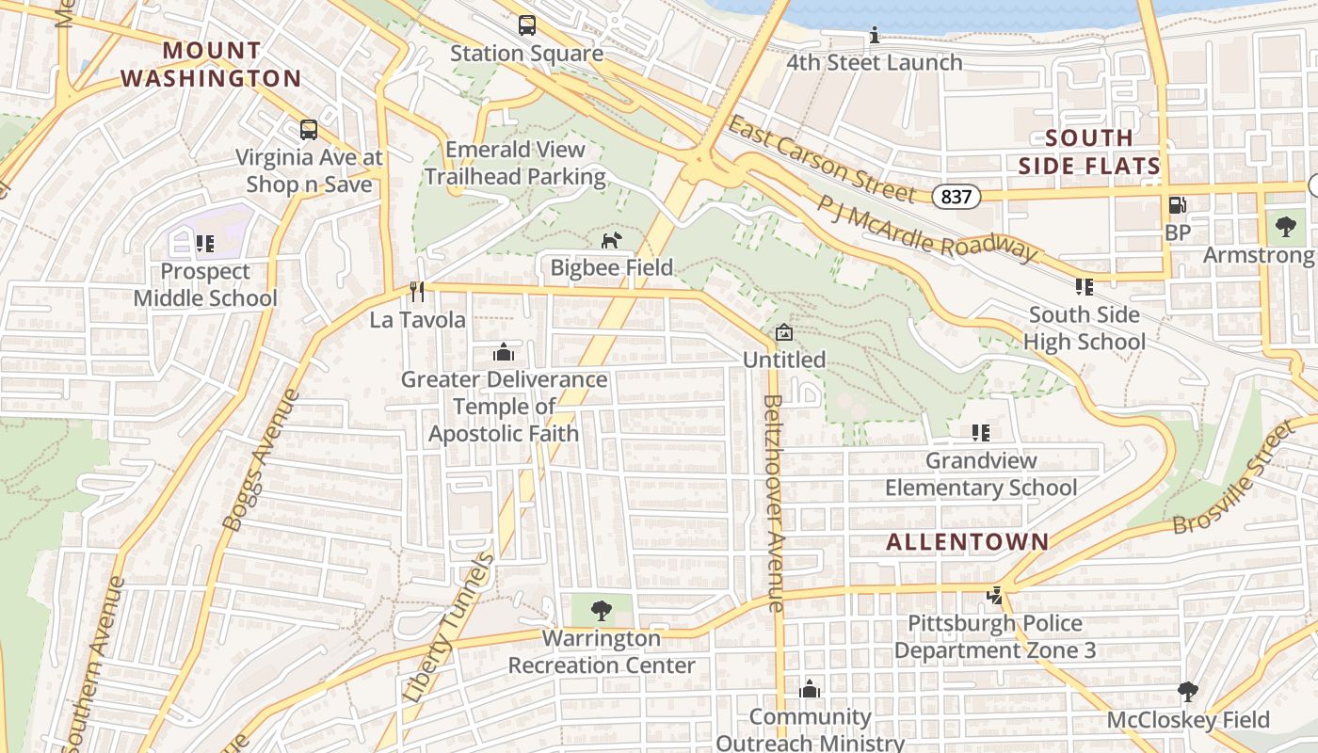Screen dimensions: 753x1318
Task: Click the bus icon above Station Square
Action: click(527, 25)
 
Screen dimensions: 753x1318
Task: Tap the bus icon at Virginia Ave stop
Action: click(309, 130)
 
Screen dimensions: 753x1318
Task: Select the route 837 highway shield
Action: click(958, 196)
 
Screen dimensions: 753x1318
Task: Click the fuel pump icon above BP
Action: click(1177, 205)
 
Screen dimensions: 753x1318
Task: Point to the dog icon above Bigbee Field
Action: click(612, 240)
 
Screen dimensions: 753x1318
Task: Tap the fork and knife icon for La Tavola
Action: click(418, 292)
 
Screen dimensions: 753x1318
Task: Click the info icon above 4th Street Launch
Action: click(875, 36)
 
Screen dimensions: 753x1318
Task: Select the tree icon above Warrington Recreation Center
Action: click(601, 611)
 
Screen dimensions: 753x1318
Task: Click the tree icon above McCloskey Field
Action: click(1188, 693)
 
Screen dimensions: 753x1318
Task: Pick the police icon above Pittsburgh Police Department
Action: click(994, 596)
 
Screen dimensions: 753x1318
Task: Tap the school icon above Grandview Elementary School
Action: click(981, 433)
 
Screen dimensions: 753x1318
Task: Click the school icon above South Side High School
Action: click(1085, 287)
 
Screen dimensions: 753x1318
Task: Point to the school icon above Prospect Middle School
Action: click(205, 245)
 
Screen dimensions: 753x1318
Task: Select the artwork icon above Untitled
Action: click(783, 332)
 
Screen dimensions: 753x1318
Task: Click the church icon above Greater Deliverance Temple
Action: click(504, 352)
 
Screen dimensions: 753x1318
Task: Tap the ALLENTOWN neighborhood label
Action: click(967, 541)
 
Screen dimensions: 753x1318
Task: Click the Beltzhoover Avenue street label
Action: click(774, 504)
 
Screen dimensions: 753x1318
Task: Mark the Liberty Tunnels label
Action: click(449, 627)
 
